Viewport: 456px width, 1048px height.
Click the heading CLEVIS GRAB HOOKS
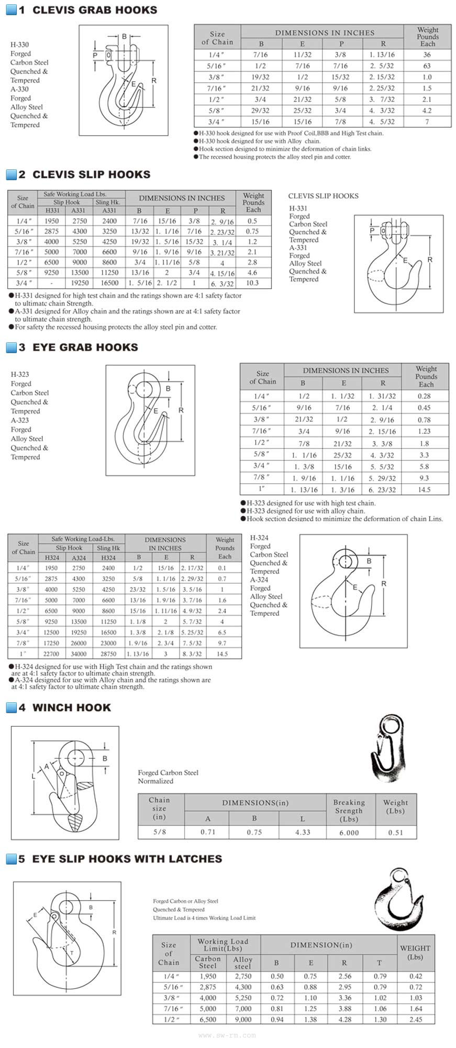pos(94,10)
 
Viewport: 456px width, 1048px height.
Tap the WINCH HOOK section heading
pos(71,707)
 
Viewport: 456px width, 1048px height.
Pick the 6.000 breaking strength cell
pos(349,832)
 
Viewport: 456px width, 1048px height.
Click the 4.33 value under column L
pos(303,832)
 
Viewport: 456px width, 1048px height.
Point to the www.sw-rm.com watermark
pos(227,1035)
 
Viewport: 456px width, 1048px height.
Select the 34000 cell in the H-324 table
pos(79,654)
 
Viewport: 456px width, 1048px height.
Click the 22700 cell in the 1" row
pos(51,654)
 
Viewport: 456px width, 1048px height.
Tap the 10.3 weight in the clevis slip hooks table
pos(252,283)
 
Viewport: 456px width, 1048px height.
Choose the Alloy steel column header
pos(242,963)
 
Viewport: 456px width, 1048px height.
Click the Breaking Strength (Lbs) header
pos(349,811)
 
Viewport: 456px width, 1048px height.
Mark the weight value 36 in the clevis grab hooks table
pos(427,54)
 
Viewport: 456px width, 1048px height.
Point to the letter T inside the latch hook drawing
pos(72,953)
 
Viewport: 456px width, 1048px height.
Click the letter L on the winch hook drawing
pos(34,776)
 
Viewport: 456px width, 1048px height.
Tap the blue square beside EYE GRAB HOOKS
pos(11,347)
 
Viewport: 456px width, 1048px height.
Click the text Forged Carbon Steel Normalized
pos(168,777)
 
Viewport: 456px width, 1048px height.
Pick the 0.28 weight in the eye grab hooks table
pos(425,396)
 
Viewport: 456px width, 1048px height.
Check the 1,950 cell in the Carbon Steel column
pos(208,976)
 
